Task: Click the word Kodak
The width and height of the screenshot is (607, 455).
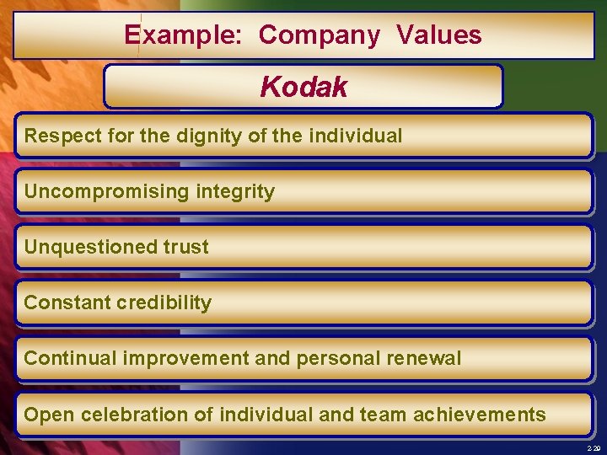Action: [x=303, y=87]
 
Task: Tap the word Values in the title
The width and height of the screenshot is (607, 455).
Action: [x=438, y=35]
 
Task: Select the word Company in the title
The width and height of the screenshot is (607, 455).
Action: [x=320, y=35]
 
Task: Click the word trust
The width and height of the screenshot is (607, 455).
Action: [x=187, y=247]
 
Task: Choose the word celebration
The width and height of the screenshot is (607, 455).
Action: [x=124, y=415]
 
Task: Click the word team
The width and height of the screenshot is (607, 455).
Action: [x=382, y=415]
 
